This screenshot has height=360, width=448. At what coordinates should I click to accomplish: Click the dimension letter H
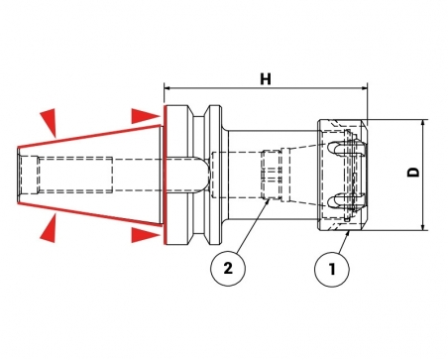266,79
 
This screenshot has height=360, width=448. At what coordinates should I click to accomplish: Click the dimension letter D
413,172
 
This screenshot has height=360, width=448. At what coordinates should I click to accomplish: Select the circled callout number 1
332,269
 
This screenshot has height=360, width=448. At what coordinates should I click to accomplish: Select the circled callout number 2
228,269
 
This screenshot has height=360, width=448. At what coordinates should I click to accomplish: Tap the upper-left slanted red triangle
50,121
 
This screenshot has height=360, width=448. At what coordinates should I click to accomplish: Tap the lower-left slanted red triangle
50,228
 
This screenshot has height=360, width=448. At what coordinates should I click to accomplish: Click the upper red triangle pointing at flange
146,116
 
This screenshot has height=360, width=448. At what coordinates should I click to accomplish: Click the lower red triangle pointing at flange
146,235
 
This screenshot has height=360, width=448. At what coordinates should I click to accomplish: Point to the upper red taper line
89,136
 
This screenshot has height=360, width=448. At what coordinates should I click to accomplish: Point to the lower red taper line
89,214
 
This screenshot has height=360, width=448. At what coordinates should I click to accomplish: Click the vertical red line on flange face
165,175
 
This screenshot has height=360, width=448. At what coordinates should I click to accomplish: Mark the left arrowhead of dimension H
168,88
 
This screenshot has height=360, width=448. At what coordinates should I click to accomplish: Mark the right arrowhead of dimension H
365,88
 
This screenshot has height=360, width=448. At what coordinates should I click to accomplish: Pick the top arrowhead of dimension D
423,123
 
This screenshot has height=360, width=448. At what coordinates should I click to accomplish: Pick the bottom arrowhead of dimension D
423,227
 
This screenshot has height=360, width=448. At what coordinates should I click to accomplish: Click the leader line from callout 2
252,227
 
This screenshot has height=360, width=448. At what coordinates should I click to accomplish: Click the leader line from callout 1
343,242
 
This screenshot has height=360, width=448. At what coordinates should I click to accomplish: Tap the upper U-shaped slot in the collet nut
339,149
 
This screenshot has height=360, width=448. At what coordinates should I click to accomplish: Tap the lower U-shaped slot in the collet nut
339,200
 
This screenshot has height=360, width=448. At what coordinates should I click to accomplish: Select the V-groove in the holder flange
199,176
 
